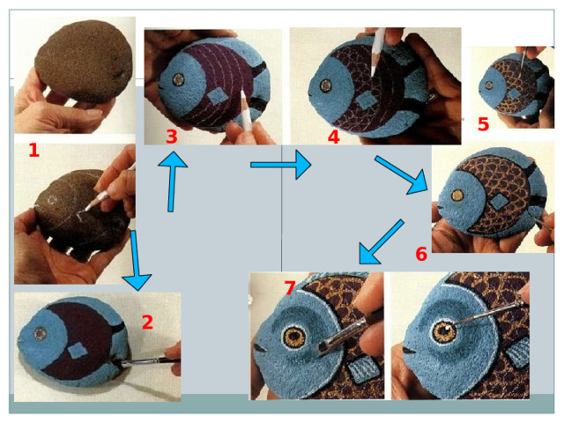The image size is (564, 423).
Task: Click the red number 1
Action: pos(33,150)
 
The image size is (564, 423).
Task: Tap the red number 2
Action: pos(147,322)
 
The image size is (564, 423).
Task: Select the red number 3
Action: pos(172,137)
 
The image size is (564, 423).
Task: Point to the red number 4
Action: pos(334,137)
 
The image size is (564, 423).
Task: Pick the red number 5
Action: pos(484,124)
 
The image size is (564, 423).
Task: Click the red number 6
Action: pos(421,254)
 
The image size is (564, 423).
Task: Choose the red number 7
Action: pos(290,288)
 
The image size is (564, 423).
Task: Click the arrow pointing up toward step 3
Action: pos(173,182)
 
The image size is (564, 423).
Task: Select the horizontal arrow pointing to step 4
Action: pos(280,165)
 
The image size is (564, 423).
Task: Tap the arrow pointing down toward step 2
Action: pos(137,260)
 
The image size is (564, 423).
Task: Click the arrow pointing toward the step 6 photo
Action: pos(402,174)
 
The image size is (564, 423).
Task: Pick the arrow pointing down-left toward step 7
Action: pos(382,242)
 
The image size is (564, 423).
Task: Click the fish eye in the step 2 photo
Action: pos(39,333)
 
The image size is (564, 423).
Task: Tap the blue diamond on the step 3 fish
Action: pos(217,97)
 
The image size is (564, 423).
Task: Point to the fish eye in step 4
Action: pos(326,85)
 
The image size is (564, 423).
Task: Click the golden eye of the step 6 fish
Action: pos(457,196)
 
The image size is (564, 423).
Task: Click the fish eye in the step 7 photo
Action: pos(295,337)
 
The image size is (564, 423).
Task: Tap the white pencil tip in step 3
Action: pos(242,94)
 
